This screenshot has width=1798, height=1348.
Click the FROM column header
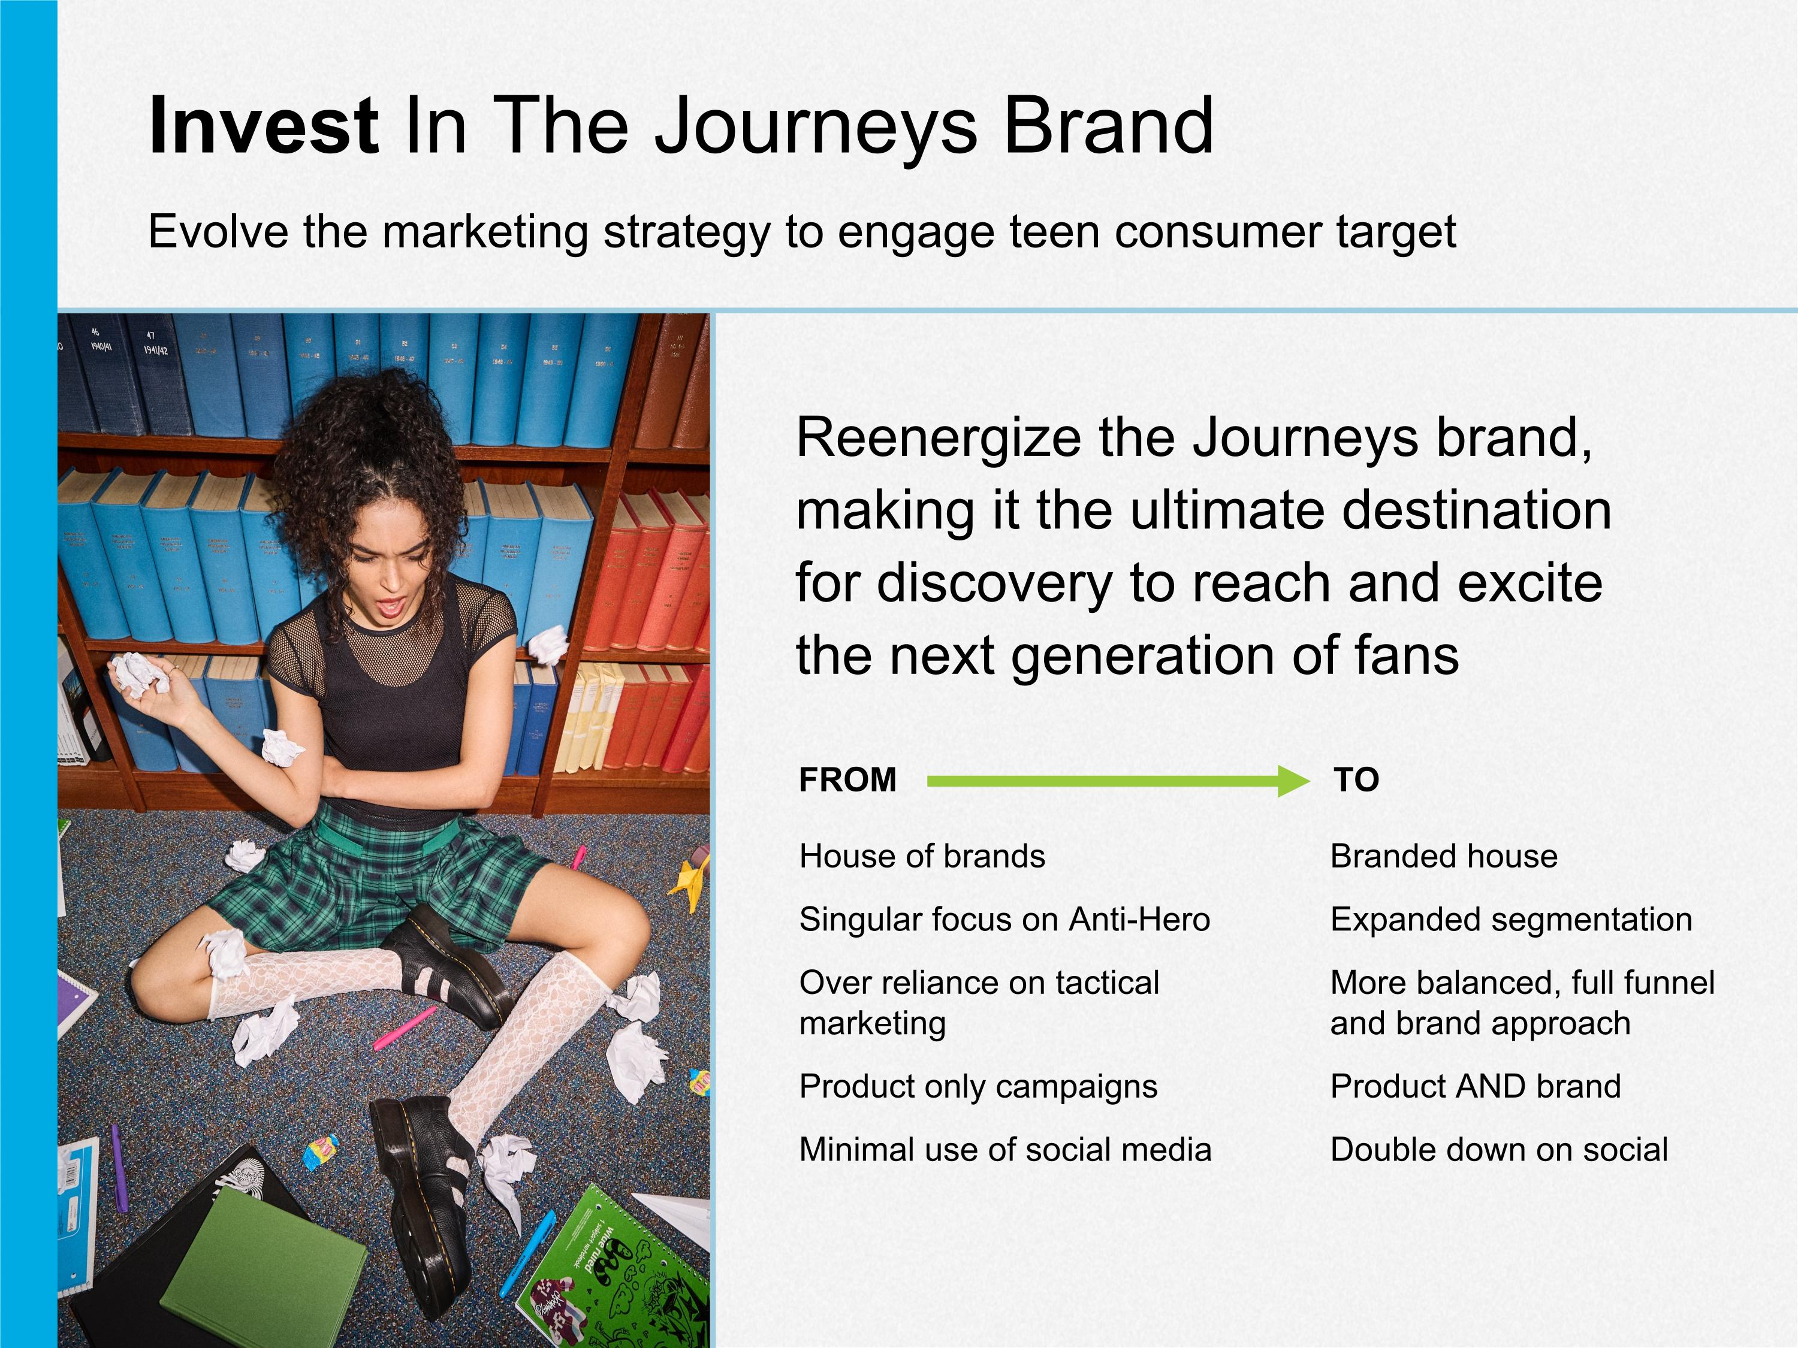[x=848, y=780]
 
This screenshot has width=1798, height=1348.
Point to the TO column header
[x=1357, y=780]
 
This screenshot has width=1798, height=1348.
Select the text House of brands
[x=922, y=856]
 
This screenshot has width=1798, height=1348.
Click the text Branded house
[x=1444, y=856]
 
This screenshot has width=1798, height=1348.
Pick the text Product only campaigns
[x=979, y=1086]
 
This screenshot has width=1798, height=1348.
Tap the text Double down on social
[x=1500, y=1150]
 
